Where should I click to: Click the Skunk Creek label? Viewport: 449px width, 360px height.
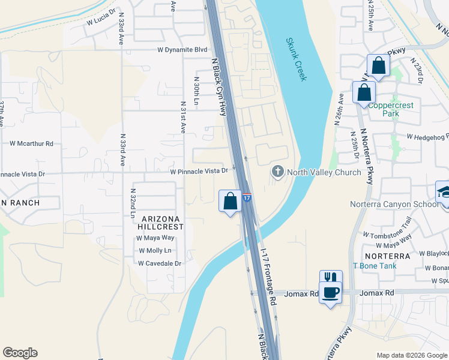(296, 61)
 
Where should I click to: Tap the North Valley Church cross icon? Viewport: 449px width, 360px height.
(277, 172)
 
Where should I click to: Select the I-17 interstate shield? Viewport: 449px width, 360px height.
(247, 197)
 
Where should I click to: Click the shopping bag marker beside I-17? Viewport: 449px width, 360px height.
(229, 202)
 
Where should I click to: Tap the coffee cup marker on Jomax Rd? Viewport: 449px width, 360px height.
(330, 293)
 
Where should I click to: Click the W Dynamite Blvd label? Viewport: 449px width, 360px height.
(182, 50)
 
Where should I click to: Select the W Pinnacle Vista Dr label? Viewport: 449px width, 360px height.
(199, 171)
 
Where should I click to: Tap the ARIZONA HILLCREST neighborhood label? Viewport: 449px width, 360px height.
(162, 223)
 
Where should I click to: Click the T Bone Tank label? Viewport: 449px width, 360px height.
(373, 265)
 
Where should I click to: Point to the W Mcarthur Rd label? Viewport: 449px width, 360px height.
(31, 143)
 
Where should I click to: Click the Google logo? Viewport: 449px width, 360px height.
(20, 353)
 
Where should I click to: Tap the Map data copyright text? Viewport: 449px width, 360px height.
(411, 355)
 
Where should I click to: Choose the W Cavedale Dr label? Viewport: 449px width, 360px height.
(159, 263)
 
